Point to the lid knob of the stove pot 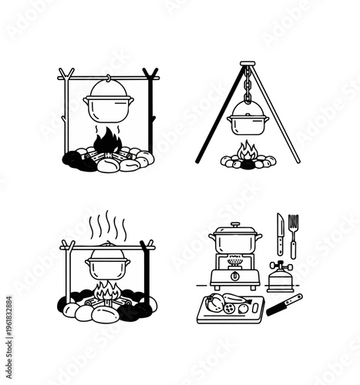tap(236, 223)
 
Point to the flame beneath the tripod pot tap(247, 151)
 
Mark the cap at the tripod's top tap(247, 63)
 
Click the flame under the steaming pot tap(107, 294)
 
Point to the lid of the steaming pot tap(107, 253)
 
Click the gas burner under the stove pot tap(236, 257)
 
